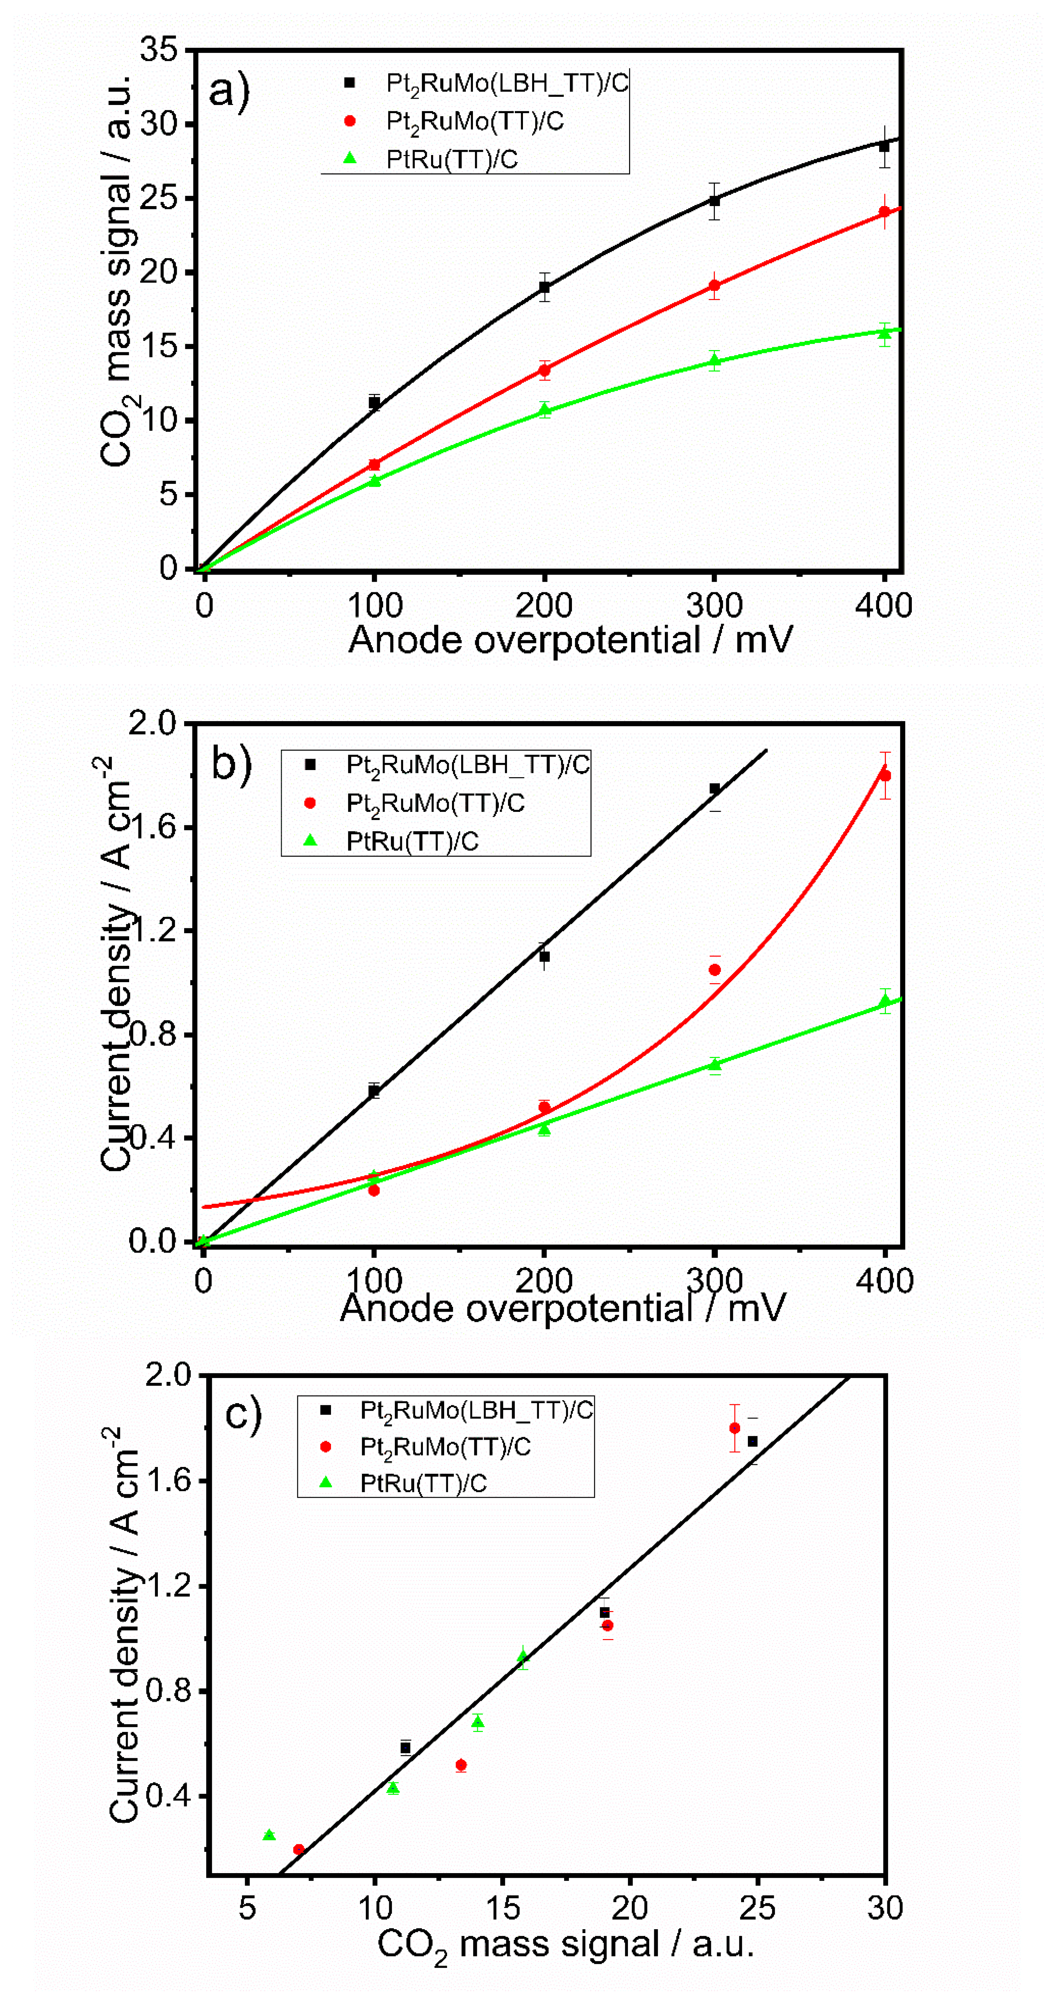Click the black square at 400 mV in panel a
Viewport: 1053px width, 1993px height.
coord(884,146)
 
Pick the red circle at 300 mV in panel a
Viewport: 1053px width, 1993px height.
coord(714,286)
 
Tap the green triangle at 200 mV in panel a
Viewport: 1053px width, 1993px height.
coord(545,410)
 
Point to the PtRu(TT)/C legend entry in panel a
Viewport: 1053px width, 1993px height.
coord(451,159)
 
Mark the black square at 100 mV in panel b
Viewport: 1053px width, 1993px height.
coord(374,1091)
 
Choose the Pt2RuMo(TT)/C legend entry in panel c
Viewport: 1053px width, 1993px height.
coord(445,1447)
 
